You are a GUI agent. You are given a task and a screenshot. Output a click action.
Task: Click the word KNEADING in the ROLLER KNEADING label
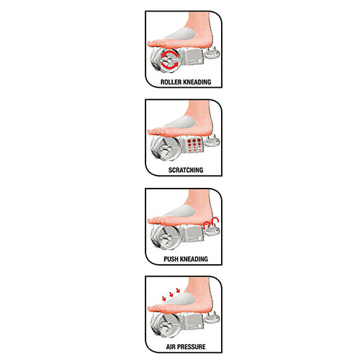tap(197, 82)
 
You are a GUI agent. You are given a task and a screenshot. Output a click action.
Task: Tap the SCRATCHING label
tap(186, 170)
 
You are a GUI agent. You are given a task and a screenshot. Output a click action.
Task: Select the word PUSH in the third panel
tap(171, 259)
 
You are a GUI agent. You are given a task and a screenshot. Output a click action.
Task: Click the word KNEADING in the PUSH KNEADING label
tap(194, 259)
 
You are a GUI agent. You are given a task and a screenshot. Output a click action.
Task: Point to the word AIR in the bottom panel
tap(171, 347)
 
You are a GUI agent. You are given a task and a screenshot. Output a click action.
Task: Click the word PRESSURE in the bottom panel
tap(192, 347)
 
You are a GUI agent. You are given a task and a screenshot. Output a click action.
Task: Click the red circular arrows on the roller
tap(169, 60)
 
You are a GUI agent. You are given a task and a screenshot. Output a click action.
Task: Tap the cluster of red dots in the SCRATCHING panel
tap(194, 145)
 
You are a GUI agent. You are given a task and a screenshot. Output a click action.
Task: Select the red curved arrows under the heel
tap(211, 222)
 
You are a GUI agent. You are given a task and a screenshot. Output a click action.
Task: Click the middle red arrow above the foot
tap(171, 294)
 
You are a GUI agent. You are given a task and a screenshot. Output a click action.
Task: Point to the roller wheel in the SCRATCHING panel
tap(166, 148)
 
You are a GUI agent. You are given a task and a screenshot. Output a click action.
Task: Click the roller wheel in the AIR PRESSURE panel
tap(166, 325)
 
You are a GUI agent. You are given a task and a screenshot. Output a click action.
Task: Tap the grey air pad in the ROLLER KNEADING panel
tap(180, 35)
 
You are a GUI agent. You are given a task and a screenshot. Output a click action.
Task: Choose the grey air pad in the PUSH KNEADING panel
tap(180, 212)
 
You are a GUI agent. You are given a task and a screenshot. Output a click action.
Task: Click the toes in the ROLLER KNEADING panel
tap(156, 44)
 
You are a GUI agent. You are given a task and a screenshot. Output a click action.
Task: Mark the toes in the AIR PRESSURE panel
tap(156, 308)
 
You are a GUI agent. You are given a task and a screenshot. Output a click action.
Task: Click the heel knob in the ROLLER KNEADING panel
tap(212, 53)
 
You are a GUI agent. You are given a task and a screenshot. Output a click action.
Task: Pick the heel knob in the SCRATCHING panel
tap(212, 142)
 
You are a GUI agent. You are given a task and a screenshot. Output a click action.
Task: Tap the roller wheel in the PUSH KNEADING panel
tap(166, 237)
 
